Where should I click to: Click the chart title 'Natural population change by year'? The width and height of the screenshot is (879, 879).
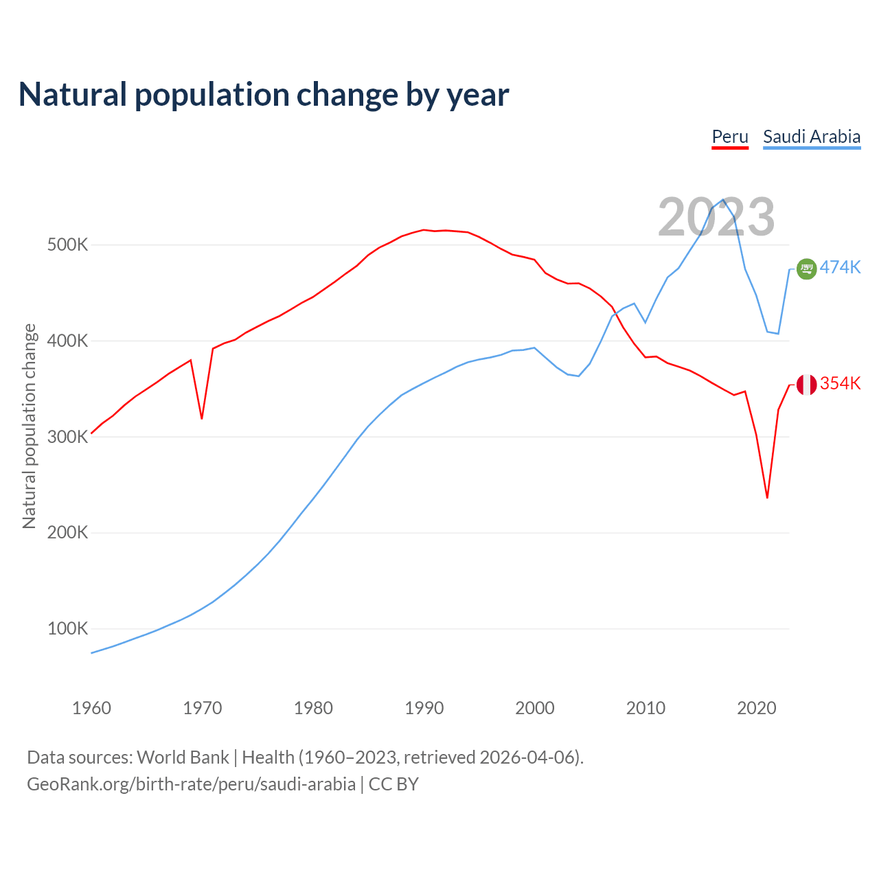coord(264,95)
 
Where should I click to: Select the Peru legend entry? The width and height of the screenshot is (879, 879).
coord(729,137)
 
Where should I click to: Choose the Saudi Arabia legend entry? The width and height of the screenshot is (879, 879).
coord(812,137)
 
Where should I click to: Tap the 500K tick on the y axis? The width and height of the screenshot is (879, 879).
coord(67,245)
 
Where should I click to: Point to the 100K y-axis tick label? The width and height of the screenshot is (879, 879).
coord(67,629)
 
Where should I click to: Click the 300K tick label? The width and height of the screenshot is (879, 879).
coord(67,437)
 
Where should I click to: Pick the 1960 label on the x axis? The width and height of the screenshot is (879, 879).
coord(91,708)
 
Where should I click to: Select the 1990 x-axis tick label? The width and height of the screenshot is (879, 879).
coord(424,708)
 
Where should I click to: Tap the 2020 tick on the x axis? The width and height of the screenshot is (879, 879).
coord(756,708)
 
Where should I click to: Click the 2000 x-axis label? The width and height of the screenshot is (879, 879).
coord(534,708)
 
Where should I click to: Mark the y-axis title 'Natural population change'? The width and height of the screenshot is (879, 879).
coord(30,426)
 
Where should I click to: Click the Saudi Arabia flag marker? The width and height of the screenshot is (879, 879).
coord(806,269)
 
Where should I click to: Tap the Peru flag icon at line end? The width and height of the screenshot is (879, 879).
coord(806,385)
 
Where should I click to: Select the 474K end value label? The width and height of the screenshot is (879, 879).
coord(841,268)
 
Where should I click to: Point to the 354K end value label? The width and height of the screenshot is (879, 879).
coord(841,384)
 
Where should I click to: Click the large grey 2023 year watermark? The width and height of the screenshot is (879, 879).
coord(716,217)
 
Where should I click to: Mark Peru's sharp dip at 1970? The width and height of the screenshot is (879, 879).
coord(202,418)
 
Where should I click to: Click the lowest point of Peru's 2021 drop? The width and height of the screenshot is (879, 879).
coord(767,498)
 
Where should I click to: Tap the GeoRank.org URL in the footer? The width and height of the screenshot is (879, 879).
coord(192,784)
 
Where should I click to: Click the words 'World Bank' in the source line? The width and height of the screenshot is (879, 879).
coord(183,757)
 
